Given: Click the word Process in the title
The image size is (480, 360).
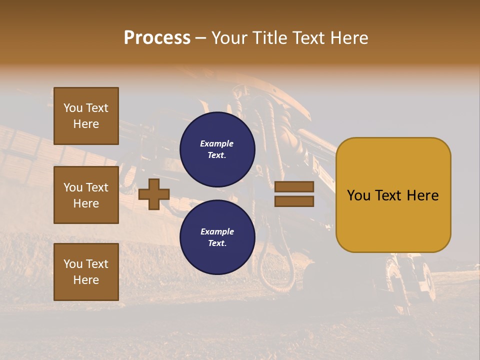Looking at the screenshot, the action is pos(157,38).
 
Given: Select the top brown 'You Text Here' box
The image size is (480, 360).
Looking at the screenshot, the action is pos(86,116).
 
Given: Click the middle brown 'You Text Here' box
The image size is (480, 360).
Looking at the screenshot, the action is pos(86,195).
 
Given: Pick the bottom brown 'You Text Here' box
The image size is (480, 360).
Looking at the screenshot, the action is pos(86,272).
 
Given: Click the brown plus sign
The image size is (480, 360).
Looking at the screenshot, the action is pos(154,194).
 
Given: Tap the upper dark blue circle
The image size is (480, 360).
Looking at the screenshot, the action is pos(217,149).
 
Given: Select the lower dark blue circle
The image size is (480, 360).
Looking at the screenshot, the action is pos(217,237).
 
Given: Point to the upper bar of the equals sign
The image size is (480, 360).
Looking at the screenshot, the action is pos(294,187).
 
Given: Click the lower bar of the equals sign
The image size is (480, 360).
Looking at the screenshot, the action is pos(294,201).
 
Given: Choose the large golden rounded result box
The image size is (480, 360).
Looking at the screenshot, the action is pos(393,195).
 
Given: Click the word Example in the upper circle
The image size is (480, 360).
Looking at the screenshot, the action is pos(217,143).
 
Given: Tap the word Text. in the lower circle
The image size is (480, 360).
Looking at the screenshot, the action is pos(217,243).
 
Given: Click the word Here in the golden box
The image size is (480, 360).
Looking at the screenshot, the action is pos(422,195).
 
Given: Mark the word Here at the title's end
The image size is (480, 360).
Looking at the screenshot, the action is pos(349,38).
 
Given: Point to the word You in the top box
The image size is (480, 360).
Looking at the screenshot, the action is pos(72,108).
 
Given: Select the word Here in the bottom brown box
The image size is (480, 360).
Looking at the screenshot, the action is pos(86,280).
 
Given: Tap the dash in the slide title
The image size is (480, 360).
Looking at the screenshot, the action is pos(200,38).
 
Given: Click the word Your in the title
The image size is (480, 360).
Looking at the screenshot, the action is pos(229,38).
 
